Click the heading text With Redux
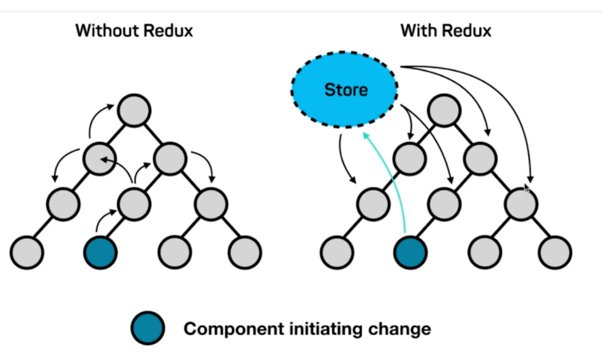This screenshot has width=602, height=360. (x=445, y=30)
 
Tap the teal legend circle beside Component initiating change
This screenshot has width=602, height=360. (x=148, y=329)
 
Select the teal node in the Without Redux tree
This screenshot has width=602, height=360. (x=100, y=252)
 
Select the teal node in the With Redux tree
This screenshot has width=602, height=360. (x=410, y=252)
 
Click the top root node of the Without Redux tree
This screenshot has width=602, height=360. (x=134, y=110)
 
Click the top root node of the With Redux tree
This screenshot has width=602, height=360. (x=444, y=110)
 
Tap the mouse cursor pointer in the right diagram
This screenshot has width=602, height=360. (x=527, y=189)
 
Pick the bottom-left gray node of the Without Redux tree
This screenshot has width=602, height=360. (x=27, y=252)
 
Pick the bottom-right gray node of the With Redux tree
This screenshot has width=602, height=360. (x=555, y=252)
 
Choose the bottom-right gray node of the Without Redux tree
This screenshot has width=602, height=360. (x=245, y=252)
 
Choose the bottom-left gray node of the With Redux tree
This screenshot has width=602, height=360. (x=337, y=252)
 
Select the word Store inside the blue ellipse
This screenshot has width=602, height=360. (x=346, y=89)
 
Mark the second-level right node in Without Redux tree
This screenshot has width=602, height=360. (x=170, y=157)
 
